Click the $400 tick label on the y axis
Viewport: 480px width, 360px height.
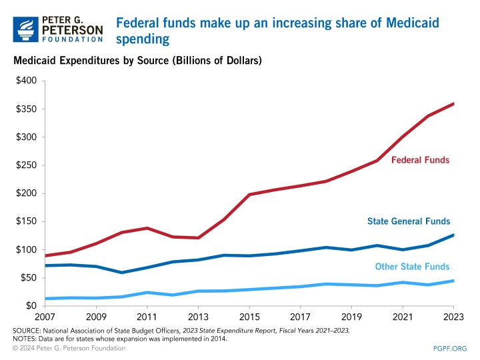(x=27, y=81)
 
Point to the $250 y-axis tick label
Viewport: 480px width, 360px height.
(x=27, y=165)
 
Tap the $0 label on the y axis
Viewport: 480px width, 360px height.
(x=33, y=306)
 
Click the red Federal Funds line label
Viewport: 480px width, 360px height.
(x=420, y=160)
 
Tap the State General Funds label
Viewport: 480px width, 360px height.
(x=408, y=221)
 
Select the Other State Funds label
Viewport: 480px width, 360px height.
(x=412, y=267)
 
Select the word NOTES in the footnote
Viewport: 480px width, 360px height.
(x=25, y=339)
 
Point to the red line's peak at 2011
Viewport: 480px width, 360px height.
(x=147, y=228)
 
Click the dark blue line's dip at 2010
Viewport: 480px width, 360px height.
(x=122, y=273)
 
